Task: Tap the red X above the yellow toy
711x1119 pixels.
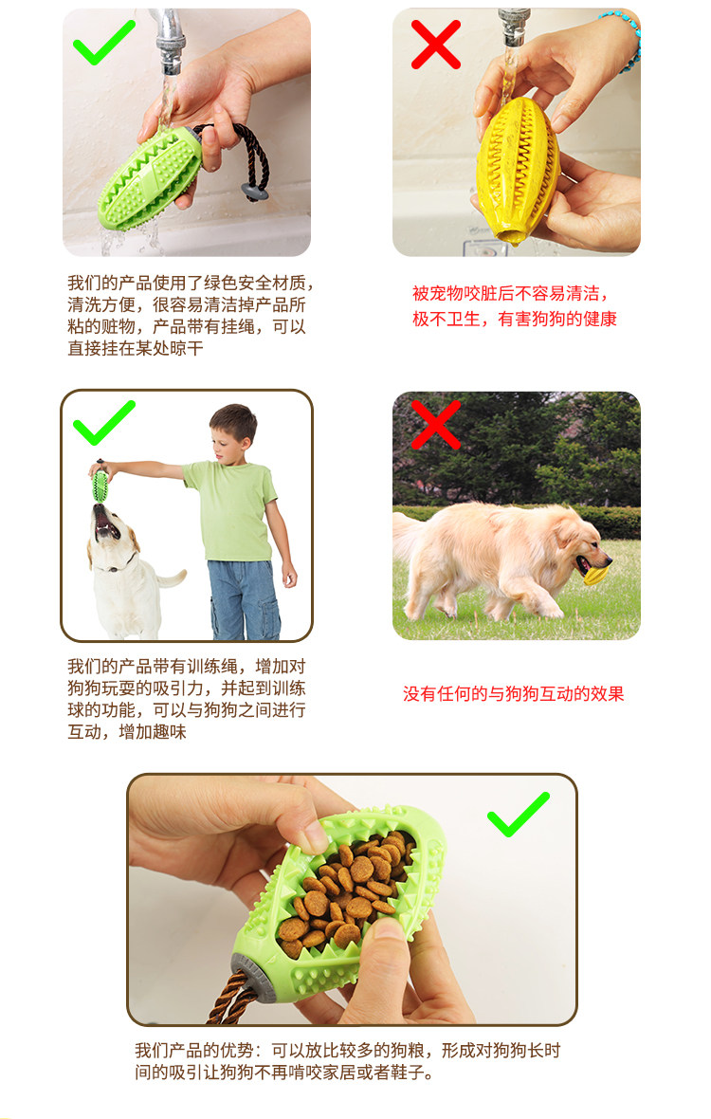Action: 436,45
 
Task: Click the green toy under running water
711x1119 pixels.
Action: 151,178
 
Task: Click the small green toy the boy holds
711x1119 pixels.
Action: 100,486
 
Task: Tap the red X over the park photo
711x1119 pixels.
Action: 436,425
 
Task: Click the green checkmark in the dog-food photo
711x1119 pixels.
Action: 519,815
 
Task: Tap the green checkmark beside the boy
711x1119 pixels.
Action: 103,423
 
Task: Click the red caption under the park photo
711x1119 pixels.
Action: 514,693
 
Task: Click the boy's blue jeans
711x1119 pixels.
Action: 244,599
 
